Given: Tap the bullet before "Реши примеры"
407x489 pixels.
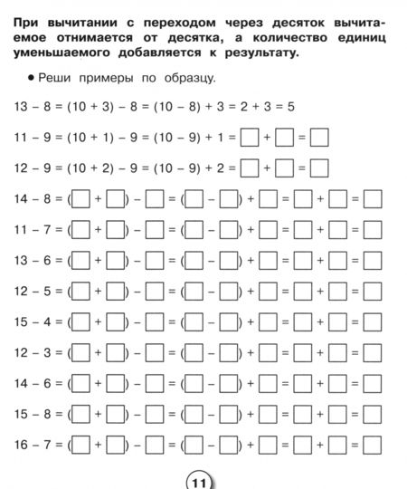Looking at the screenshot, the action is [30, 80].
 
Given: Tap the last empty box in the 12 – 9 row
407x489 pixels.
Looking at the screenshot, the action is [318, 168].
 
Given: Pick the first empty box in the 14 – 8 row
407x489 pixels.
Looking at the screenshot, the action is [80, 199].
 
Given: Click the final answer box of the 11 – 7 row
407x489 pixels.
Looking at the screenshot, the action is [372, 230].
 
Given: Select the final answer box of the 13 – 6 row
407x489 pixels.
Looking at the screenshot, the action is [372, 261].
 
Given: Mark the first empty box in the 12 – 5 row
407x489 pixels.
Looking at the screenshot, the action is [80, 292].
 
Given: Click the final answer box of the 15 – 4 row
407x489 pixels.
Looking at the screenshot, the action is [372, 322].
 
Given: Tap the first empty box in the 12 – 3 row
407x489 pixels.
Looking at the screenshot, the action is [80, 353].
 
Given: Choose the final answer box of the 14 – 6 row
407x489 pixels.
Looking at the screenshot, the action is [372, 384].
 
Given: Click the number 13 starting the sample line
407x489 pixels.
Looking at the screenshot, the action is [21, 108].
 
